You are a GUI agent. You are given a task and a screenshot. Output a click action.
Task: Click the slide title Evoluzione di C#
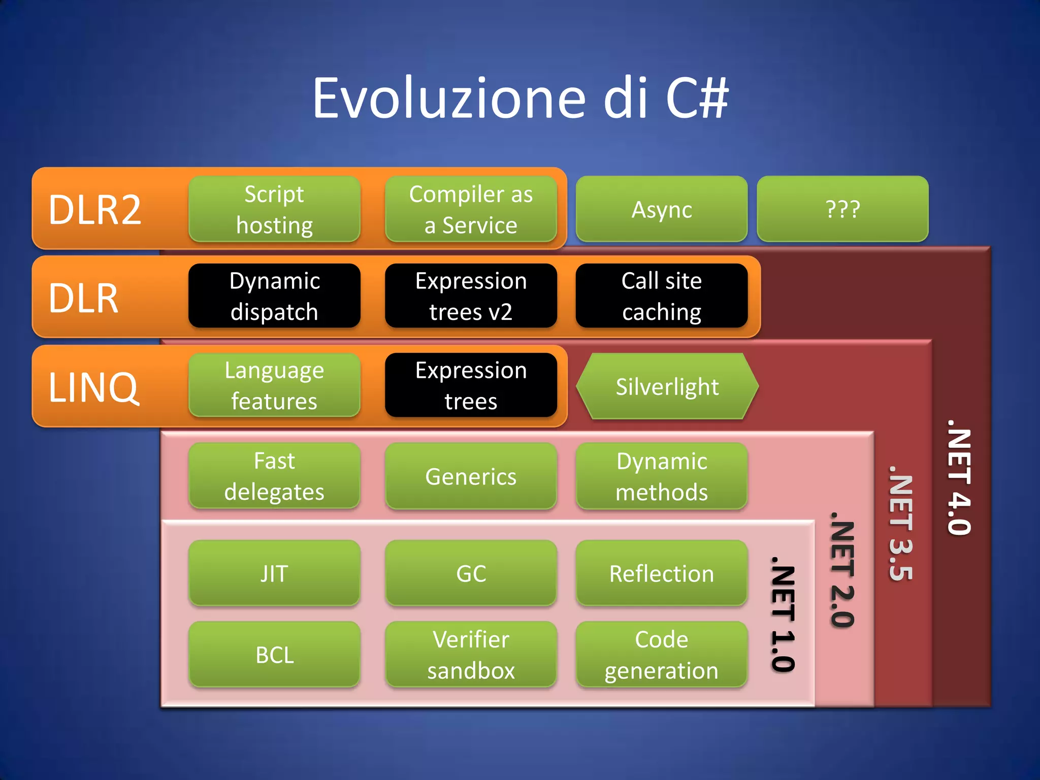point(520,97)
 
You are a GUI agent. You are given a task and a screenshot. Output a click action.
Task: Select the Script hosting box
point(274,209)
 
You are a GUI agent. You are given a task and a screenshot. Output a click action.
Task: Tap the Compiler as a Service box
point(471,209)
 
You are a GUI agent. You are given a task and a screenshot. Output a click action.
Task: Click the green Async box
point(661,209)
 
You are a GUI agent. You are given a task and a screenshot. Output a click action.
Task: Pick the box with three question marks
point(842,209)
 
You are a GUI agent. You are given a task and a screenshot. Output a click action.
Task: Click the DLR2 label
point(95,210)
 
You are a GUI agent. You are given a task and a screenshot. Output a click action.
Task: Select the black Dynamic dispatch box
point(274,296)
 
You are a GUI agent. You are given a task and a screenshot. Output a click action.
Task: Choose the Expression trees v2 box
point(471,296)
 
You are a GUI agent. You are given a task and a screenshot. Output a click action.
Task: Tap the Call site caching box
point(661,296)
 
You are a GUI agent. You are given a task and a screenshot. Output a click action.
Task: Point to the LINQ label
point(93,387)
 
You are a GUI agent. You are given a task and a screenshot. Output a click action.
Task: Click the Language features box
point(274,385)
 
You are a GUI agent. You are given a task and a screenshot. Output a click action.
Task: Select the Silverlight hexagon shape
point(667,386)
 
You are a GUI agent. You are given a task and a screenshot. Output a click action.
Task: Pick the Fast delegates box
point(274,476)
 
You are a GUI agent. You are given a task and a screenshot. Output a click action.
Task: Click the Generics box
point(471,476)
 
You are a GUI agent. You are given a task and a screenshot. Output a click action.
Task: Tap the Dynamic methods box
point(661,476)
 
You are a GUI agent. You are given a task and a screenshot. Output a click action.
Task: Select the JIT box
point(274,573)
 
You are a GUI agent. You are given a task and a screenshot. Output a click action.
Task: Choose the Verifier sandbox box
point(471,655)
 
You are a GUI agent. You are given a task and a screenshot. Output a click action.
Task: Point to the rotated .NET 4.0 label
point(959,477)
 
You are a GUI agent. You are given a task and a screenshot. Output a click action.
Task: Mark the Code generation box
point(661,655)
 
